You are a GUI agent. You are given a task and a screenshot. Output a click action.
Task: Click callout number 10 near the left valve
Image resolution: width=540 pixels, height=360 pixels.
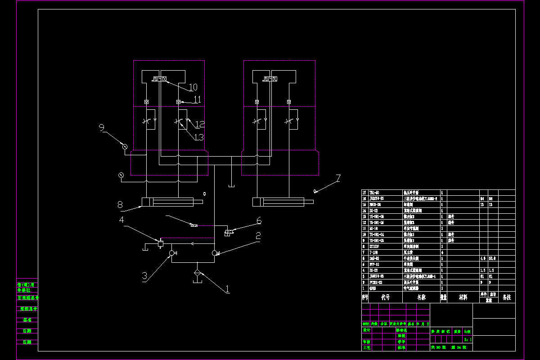193,87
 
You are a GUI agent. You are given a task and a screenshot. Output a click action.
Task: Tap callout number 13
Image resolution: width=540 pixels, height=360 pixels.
199,137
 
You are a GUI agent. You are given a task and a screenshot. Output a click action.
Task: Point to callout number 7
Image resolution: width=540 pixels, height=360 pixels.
338,178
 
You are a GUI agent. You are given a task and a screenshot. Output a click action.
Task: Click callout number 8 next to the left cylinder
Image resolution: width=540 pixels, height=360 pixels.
120,205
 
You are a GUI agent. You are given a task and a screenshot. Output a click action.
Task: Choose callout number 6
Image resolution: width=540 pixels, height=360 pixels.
259,221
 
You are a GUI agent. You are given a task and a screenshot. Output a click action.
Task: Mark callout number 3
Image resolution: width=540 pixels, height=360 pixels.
144,276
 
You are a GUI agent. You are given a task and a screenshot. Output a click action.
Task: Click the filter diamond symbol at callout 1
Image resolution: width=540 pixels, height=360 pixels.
197,273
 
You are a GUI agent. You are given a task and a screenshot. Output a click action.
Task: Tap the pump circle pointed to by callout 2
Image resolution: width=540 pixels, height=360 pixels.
214,253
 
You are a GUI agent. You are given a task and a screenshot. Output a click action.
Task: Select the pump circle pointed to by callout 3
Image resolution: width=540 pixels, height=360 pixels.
171,253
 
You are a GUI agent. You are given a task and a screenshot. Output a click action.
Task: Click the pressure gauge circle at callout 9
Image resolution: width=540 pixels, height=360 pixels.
125,146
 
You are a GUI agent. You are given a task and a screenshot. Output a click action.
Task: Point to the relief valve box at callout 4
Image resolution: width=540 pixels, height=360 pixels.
160,243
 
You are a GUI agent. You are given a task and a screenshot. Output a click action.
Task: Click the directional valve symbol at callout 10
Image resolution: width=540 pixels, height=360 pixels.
159,79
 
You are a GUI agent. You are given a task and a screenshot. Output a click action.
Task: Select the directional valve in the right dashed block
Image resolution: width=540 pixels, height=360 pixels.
270,79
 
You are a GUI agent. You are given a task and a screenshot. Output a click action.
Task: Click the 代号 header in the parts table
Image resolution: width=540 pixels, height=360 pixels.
385,297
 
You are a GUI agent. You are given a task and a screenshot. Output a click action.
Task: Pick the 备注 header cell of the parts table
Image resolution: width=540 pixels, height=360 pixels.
506,297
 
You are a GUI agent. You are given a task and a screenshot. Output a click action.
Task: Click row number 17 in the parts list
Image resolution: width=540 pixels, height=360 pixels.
364,192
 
